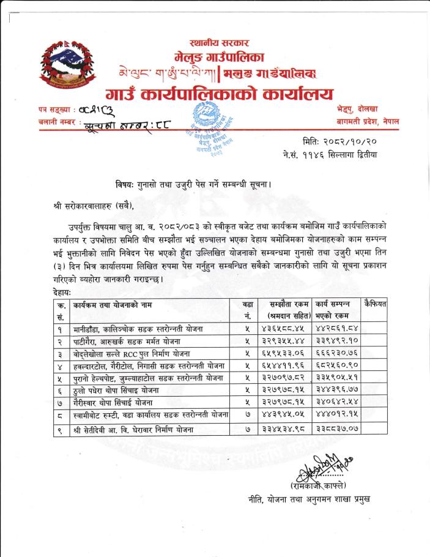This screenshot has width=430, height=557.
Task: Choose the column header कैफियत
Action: tap(373, 304)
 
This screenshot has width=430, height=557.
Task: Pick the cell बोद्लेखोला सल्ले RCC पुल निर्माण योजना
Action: tap(135, 354)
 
